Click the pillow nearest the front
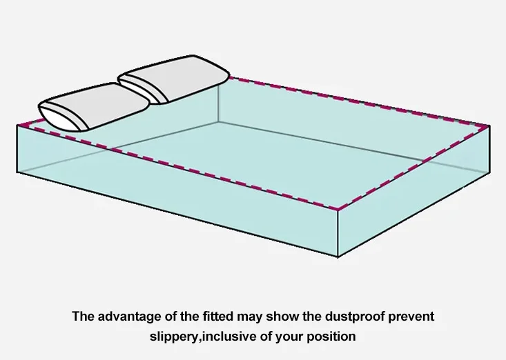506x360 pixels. click(x=93, y=107)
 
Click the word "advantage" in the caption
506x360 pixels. click(x=127, y=318)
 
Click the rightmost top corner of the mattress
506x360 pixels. click(x=489, y=126)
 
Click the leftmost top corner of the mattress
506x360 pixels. click(x=17, y=124)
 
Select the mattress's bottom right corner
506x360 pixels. click(x=489, y=172)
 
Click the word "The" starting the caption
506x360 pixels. click(x=83, y=318)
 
